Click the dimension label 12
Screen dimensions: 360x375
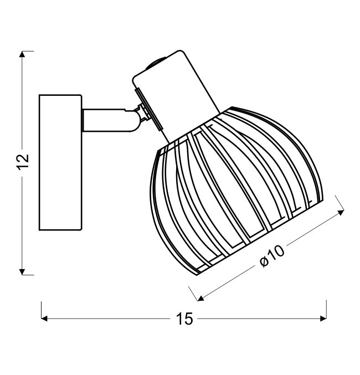23,161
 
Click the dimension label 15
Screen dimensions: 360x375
184,319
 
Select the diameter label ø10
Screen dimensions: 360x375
272,256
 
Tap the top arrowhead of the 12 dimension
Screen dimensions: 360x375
22,54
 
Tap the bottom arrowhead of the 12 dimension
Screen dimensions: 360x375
22,272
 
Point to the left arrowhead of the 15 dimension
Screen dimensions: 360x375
44,319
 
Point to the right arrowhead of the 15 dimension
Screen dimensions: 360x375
323,319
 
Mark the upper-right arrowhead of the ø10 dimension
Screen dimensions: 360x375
341,212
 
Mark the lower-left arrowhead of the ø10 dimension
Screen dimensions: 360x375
201,298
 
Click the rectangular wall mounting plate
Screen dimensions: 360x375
61,162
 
